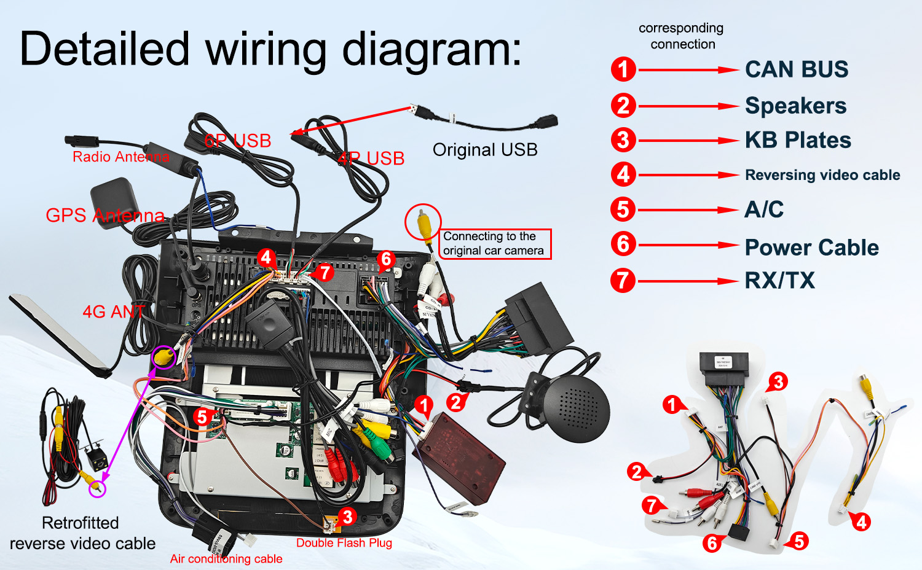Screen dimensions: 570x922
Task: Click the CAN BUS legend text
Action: (x=797, y=69)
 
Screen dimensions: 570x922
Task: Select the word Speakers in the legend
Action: (x=795, y=106)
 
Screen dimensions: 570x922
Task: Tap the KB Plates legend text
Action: (x=798, y=140)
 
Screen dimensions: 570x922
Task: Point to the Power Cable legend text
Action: (x=811, y=248)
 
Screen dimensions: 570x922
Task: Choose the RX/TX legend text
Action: (x=779, y=281)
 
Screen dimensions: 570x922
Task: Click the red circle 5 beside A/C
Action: (x=623, y=209)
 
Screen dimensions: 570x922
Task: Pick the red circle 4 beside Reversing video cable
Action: (x=623, y=174)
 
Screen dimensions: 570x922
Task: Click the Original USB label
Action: (x=485, y=150)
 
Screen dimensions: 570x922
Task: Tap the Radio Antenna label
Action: (x=120, y=157)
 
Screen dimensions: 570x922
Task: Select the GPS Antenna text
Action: (x=105, y=216)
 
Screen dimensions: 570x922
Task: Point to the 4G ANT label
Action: (x=114, y=312)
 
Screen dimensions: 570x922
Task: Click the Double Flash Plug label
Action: (x=344, y=543)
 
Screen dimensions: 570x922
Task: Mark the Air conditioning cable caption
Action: (x=226, y=559)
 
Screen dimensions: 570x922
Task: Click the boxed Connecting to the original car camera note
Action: (x=494, y=244)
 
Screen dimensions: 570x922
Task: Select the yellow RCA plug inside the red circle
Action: (x=423, y=222)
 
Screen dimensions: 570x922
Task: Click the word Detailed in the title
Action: (x=104, y=49)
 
